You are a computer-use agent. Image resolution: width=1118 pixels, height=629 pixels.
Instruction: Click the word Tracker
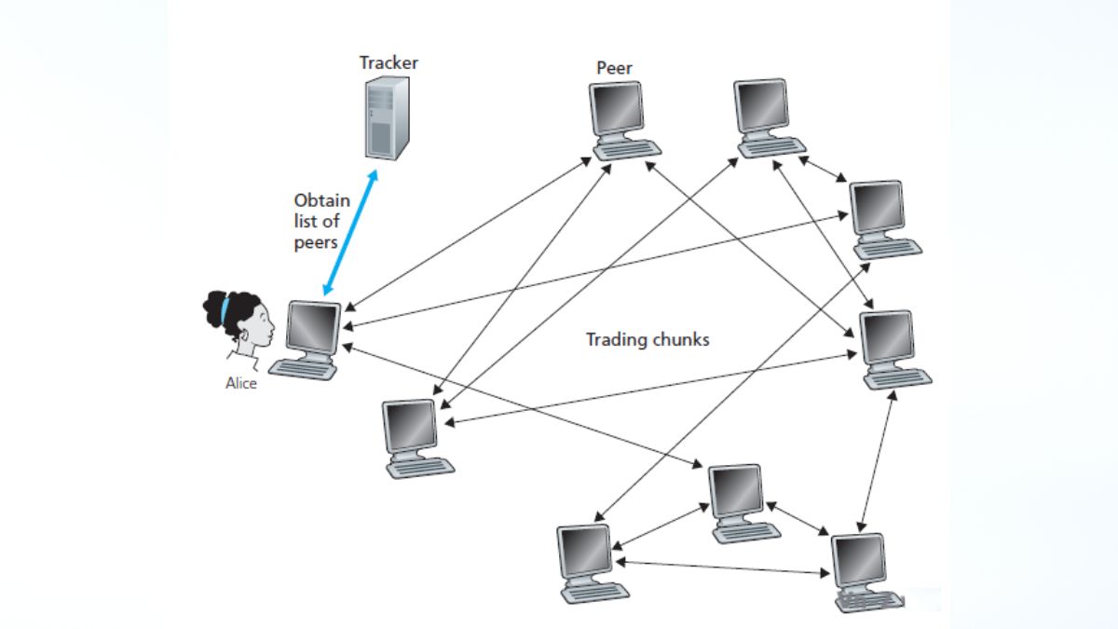tap(389, 63)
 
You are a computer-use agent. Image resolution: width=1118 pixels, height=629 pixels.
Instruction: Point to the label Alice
tap(240, 382)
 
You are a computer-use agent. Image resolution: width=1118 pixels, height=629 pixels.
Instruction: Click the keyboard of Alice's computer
tap(307, 370)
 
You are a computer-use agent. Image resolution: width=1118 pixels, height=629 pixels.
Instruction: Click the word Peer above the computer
tap(615, 68)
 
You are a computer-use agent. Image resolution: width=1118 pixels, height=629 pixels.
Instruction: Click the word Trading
tap(615, 340)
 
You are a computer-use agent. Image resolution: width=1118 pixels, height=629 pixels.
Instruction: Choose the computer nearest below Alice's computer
tap(415, 438)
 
